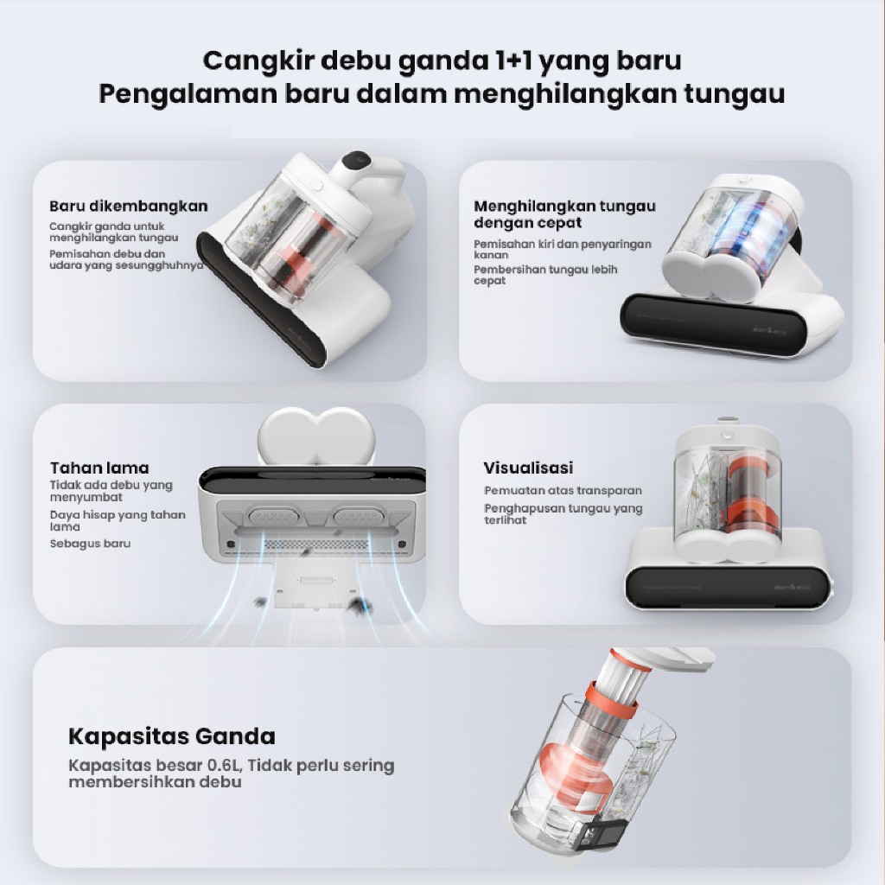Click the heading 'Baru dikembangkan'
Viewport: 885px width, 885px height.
point(128,206)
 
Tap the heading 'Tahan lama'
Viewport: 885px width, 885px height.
point(99,468)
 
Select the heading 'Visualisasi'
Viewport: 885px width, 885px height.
point(528,468)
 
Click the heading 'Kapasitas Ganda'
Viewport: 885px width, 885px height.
point(172,736)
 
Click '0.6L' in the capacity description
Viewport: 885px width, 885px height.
point(224,766)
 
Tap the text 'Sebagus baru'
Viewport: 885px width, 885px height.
point(90,544)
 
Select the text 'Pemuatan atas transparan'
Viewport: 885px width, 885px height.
point(563,491)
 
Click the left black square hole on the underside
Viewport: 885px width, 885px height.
point(230,544)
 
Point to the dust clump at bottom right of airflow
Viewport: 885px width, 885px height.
point(358,606)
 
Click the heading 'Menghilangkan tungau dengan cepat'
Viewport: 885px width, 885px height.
point(564,214)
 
